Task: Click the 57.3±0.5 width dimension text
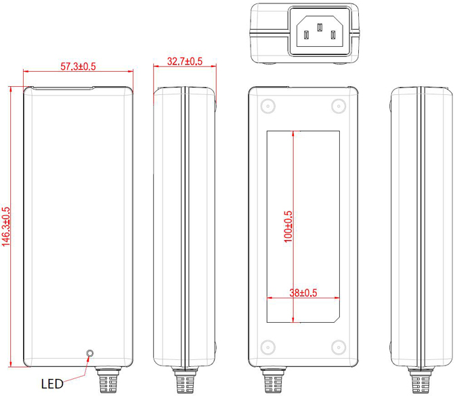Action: [x=78, y=66]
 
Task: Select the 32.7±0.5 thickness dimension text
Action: [x=185, y=62]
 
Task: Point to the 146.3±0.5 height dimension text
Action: [x=7, y=227]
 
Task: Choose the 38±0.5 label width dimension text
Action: [x=304, y=293]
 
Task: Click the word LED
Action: [x=52, y=384]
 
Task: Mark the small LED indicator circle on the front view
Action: [x=89, y=353]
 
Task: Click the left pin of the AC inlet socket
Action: [x=307, y=34]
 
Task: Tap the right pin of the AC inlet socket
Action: [x=332, y=34]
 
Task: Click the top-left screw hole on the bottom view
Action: [x=267, y=106]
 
